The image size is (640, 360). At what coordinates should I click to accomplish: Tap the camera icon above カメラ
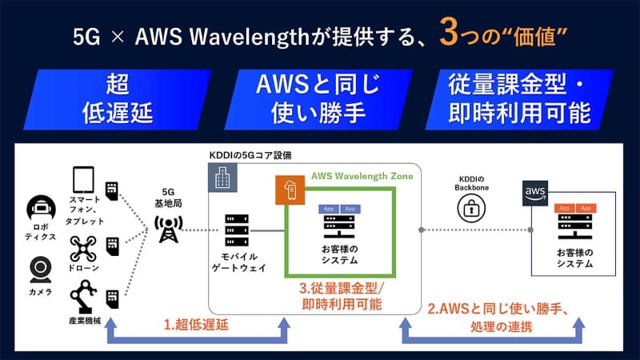[x=40, y=267]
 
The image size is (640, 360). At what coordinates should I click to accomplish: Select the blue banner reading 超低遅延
[x=117, y=98]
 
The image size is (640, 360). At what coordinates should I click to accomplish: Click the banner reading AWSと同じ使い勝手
[x=319, y=98]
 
